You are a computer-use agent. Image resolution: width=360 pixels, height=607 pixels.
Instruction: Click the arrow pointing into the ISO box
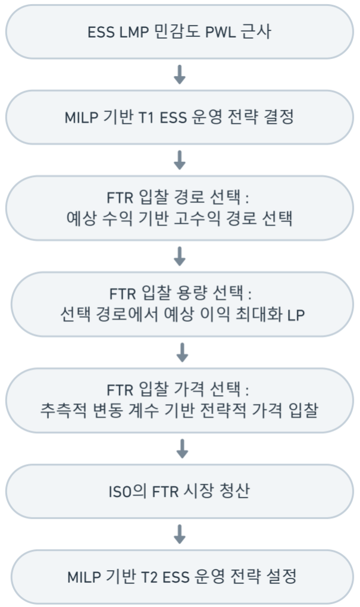pyautogui.click(x=181, y=449)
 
